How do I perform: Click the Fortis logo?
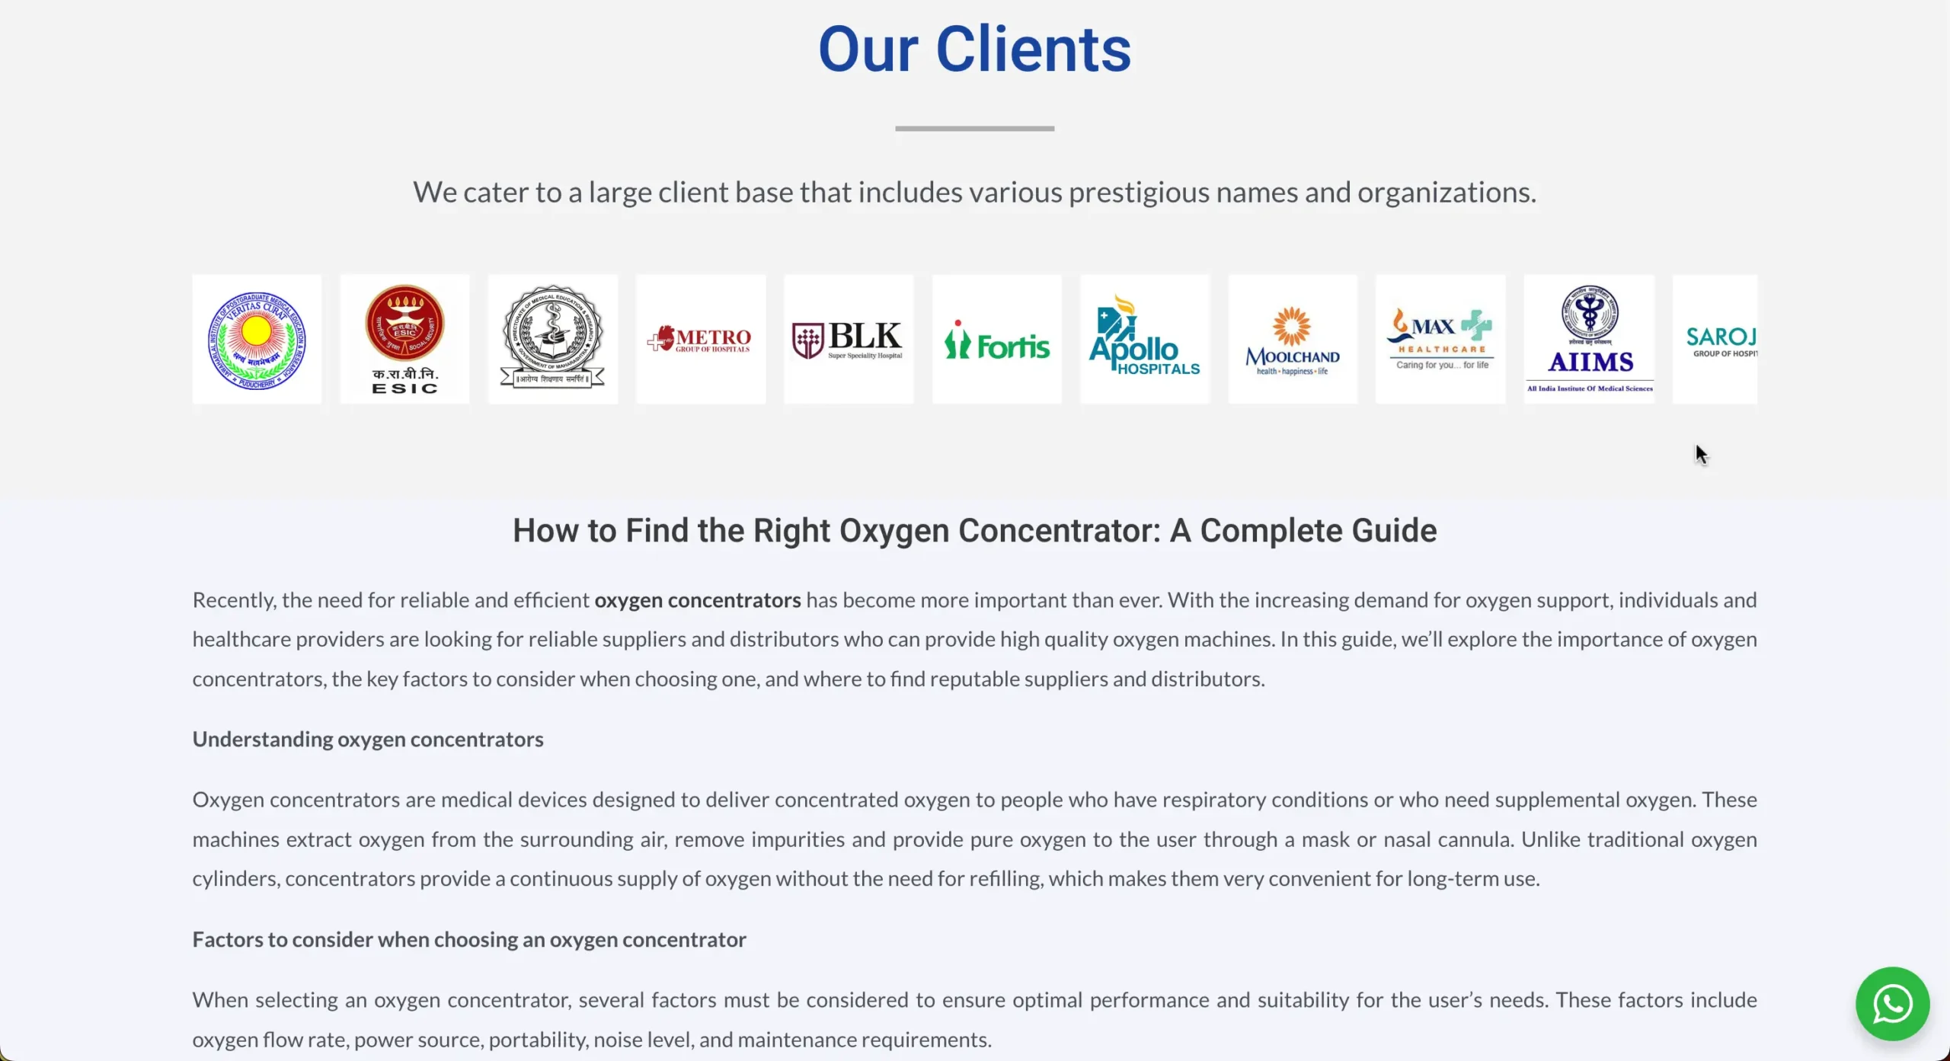[x=996, y=340]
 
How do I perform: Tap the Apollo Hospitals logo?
[x=1144, y=340]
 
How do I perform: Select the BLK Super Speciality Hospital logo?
[x=849, y=340]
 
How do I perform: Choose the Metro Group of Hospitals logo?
[x=701, y=340]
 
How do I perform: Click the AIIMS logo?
[x=1590, y=340]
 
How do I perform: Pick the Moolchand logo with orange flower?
[x=1293, y=340]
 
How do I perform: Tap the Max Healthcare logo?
[x=1440, y=340]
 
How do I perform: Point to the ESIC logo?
[x=404, y=340]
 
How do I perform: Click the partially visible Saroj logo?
[x=1716, y=340]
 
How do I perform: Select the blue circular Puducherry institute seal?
[x=257, y=340]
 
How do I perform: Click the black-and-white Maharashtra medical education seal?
[x=553, y=340]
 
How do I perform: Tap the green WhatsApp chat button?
[x=1892, y=1004]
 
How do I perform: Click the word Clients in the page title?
[x=1033, y=50]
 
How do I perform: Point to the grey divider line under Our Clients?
[x=974, y=129]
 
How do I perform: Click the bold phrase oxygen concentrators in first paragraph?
[x=697, y=601]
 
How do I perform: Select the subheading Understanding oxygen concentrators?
[x=368, y=740]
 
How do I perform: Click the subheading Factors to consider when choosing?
[x=469, y=940]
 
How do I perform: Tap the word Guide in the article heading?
[x=1394, y=531]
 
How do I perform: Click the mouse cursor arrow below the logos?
[x=1701, y=454]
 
